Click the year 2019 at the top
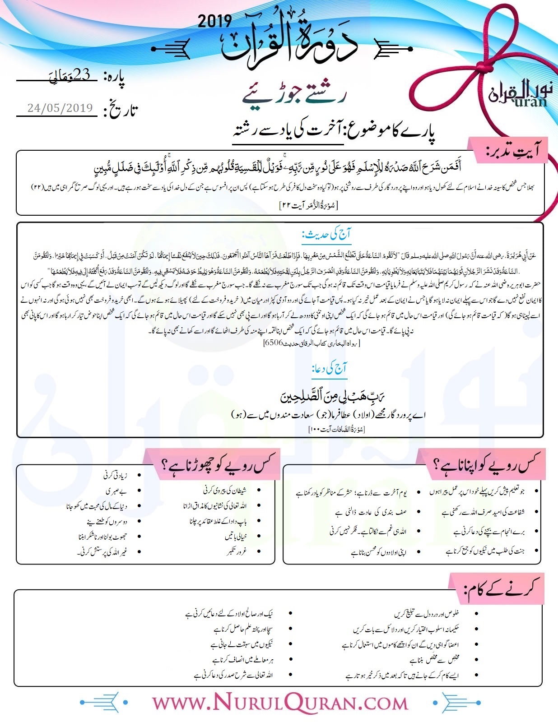(x=215, y=21)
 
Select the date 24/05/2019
(x=60, y=108)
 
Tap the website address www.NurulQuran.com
(x=279, y=703)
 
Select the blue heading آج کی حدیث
(x=326, y=235)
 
